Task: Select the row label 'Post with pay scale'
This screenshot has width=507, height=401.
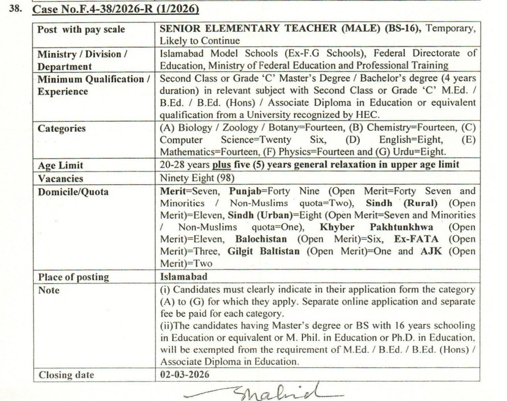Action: (x=81, y=29)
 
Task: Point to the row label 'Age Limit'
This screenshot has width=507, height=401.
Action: (x=60, y=166)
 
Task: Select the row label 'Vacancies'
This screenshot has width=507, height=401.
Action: (x=60, y=179)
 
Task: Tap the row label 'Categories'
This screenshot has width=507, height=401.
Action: (x=62, y=129)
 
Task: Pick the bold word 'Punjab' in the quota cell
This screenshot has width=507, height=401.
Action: (x=245, y=192)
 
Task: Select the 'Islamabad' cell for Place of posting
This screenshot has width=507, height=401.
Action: (x=184, y=277)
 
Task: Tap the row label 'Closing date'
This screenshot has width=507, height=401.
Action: (x=66, y=374)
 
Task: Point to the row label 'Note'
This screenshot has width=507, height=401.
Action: (x=48, y=290)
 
